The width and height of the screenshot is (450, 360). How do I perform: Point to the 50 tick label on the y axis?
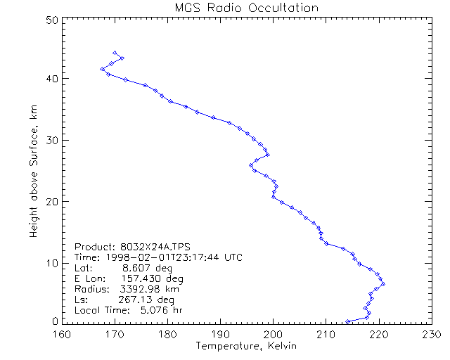[x=52, y=20]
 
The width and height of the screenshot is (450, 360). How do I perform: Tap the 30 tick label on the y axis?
[x=52, y=141]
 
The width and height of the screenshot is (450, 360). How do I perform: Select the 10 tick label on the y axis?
[x=52, y=263]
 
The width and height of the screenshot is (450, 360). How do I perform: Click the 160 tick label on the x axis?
[x=63, y=334]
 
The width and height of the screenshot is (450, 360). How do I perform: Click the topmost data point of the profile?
[x=115, y=53]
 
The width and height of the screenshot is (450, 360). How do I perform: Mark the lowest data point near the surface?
[x=347, y=322]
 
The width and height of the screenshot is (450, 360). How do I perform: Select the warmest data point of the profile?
[x=382, y=283]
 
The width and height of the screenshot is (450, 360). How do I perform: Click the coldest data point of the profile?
[x=103, y=69]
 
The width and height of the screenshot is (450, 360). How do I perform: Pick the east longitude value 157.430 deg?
[x=150, y=279]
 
